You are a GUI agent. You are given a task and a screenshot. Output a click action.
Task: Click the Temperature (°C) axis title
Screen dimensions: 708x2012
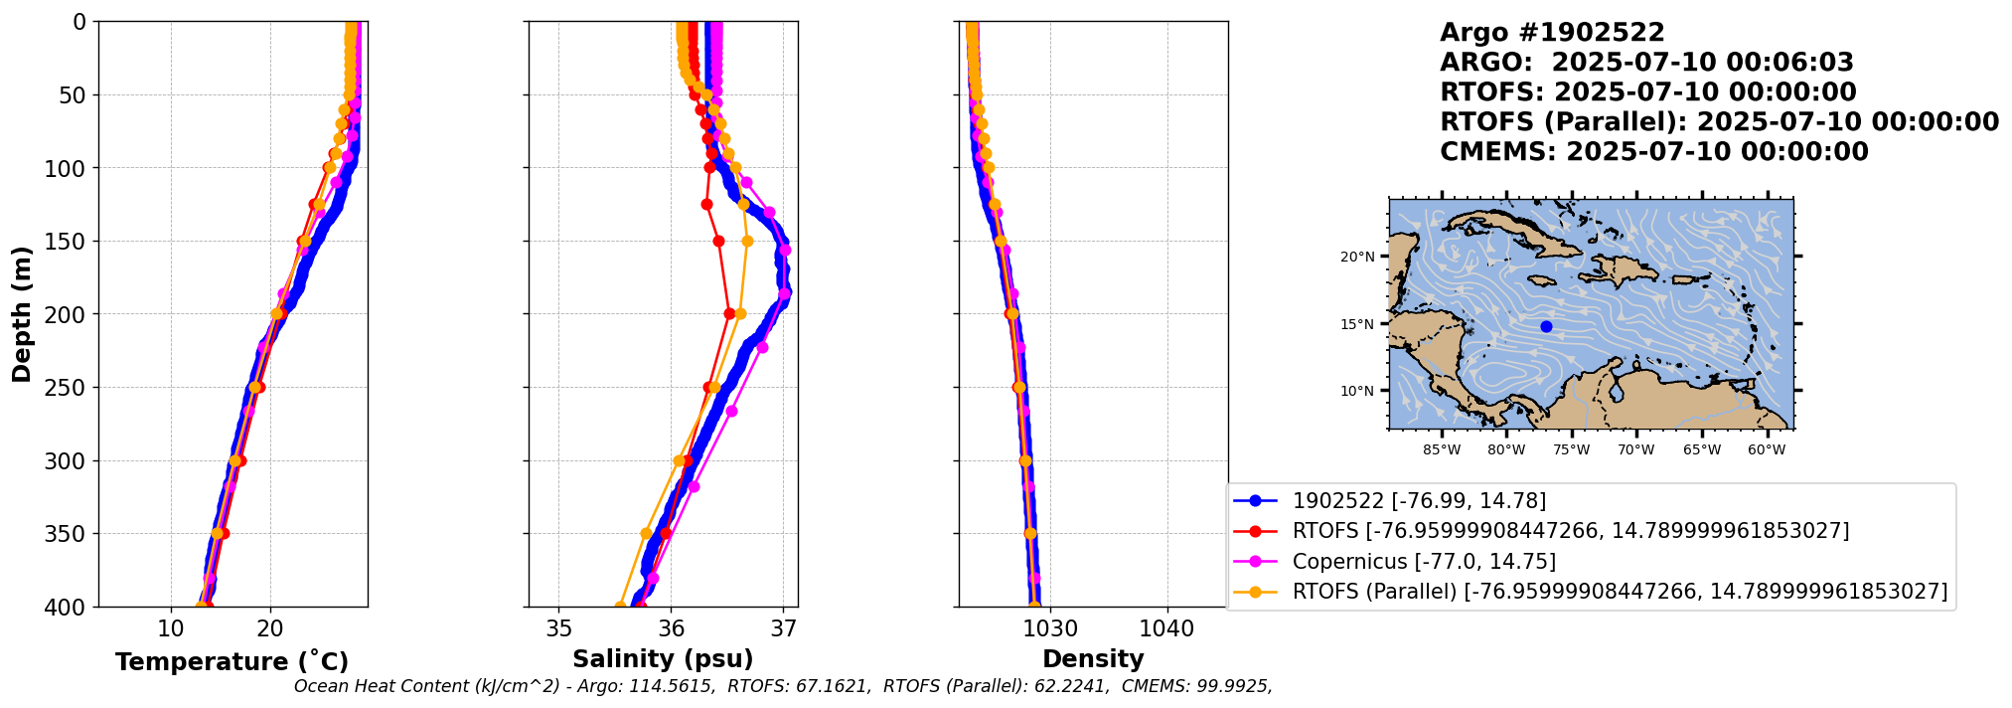(x=232, y=662)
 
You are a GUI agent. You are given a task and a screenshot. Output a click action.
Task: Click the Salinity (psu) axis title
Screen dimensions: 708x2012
(x=663, y=659)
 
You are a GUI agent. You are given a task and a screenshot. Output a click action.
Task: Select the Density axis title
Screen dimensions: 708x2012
(x=1093, y=659)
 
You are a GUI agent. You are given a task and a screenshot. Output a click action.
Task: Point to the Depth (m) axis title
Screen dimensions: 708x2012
(x=22, y=314)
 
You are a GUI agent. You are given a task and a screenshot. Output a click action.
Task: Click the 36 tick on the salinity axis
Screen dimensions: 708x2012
(x=672, y=628)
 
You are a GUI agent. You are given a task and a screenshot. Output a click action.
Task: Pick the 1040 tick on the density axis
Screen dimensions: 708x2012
(x=1166, y=628)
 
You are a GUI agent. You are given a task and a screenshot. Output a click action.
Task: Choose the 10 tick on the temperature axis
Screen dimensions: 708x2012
(x=171, y=628)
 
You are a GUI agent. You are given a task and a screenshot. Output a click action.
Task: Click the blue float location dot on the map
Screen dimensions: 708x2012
(x=1546, y=326)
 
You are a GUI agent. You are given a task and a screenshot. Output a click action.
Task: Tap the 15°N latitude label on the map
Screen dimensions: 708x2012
(x=1358, y=324)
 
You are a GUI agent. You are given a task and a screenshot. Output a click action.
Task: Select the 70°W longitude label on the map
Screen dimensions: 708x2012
(x=1635, y=449)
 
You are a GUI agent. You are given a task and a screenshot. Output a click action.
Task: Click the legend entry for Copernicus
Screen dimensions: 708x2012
(x=1424, y=562)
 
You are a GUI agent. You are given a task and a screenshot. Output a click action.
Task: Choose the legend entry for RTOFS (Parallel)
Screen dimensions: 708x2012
(x=1620, y=592)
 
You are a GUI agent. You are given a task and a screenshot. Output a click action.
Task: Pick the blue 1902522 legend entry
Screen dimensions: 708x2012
(x=1419, y=501)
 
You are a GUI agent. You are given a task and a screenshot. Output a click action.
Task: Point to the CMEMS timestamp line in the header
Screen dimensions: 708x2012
(x=1653, y=152)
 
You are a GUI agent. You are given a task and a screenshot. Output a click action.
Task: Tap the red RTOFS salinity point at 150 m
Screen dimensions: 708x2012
(x=718, y=241)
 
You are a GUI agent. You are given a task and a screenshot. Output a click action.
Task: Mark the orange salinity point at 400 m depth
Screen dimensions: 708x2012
(x=620, y=606)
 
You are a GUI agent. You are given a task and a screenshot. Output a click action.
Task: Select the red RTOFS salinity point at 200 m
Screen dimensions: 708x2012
(x=729, y=314)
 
